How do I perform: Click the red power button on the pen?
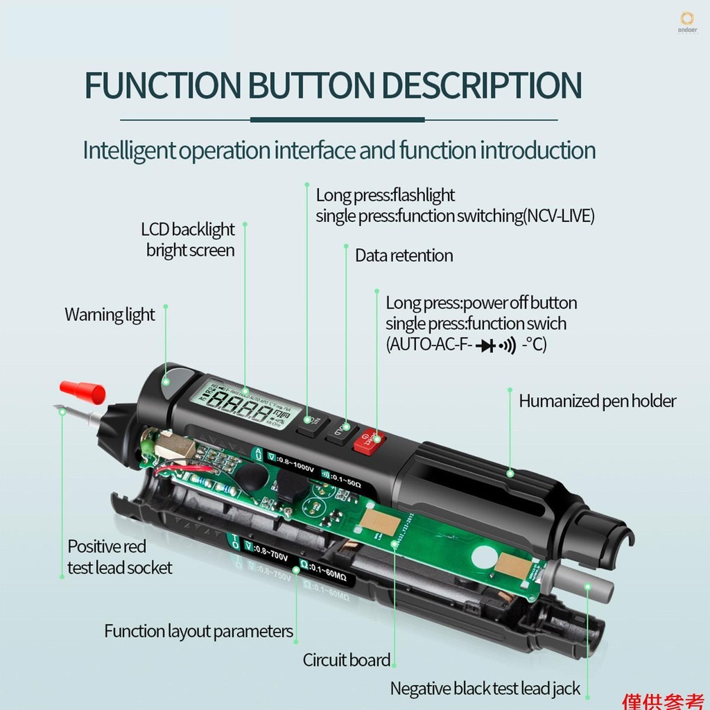click(368, 440)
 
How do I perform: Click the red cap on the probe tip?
click(81, 390)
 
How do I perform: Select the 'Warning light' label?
click(110, 314)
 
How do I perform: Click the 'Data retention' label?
click(404, 255)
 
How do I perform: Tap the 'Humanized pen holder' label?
click(597, 401)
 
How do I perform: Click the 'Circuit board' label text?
click(347, 660)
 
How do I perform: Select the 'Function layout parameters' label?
click(198, 631)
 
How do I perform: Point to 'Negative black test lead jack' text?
click(485, 689)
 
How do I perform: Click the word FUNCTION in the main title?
click(160, 85)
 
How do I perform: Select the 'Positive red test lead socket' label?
click(119, 557)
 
